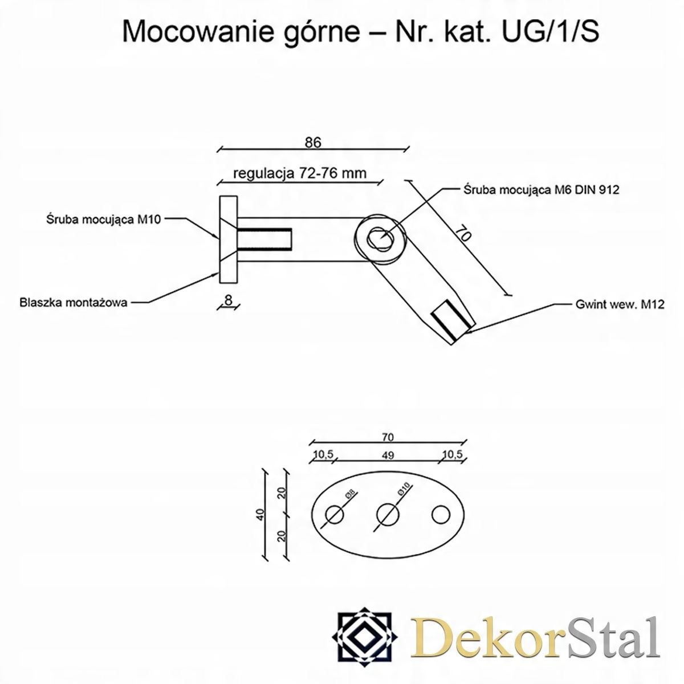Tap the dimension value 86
tap(313, 142)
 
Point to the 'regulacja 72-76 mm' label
tap(300, 173)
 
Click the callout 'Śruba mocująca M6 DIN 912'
tap(539, 190)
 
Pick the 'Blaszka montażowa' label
tap(73, 302)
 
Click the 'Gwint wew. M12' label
tap(620, 304)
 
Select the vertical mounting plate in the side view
tap(228, 239)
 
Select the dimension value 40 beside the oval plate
tap(260, 514)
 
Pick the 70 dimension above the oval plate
tap(388, 437)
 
